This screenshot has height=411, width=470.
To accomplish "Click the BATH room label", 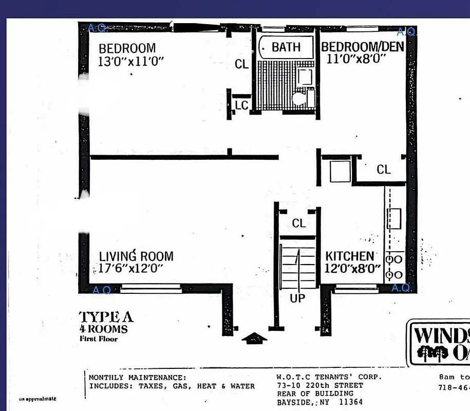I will pyautogui.click(x=286, y=47).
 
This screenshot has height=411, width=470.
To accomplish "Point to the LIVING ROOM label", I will pyautogui.click(x=136, y=256).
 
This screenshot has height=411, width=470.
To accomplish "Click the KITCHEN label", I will pyautogui.click(x=350, y=256).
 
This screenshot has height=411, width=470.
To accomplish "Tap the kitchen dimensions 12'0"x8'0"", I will pyautogui.click(x=352, y=268).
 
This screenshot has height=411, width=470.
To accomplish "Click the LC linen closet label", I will pyautogui.click(x=241, y=105).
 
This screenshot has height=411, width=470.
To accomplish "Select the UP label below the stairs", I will pyautogui.click(x=297, y=298).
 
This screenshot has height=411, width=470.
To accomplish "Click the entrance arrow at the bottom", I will pyautogui.click(x=254, y=338).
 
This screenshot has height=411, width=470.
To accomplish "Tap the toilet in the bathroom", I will pyautogui.click(x=299, y=98).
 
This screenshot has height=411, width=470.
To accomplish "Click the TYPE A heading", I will pyautogui.click(x=106, y=317).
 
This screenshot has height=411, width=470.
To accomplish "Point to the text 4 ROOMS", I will pyautogui.click(x=103, y=329).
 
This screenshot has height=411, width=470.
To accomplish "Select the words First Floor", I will pyautogui.click(x=99, y=339).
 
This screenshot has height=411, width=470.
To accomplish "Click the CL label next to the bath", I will pyautogui.click(x=241, y=64).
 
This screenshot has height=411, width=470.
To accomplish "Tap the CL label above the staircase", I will pyautogui.click(x=299, y=223).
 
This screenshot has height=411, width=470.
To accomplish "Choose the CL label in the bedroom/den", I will pyautogui.click(x=384, y=170).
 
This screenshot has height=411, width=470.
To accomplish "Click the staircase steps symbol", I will pyautogui.click(x=297, y=267).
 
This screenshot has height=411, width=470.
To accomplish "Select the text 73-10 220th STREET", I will pyautogui.click(x=319, y=385).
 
